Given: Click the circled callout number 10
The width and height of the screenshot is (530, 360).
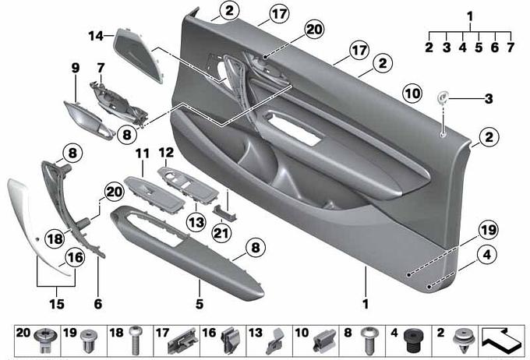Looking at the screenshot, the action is pyautogui.click(x=412, y=94).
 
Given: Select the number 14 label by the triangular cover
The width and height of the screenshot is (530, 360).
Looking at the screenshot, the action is pyautogui.click(x=96, y=36).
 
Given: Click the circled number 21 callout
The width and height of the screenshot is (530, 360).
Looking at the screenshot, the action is pyautogui.click(x=221, y=232).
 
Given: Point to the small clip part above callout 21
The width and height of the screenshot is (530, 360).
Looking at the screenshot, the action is pyautogui.click(x=224, y=212).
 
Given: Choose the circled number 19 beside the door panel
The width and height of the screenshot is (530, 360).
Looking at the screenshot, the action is pyautogui.click(x=488, y=230).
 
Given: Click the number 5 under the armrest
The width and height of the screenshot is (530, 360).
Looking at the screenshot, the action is pyautogui.click(x=200, y=304).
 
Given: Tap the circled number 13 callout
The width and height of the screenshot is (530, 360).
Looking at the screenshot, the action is pyautogui.click(x=196, y=222).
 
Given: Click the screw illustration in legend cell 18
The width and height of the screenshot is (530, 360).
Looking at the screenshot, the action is pyautogui.click(x=135, y=340).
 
